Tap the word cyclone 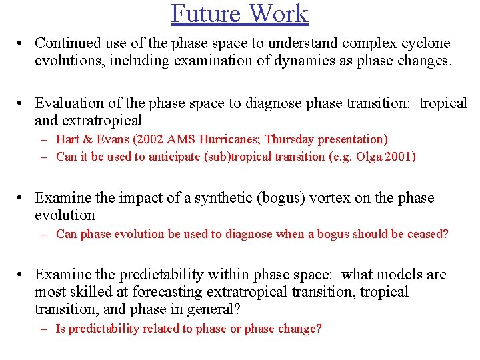point(425,43)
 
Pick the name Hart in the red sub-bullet point(69,139)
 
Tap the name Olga point(365,157)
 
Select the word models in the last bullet point(404,275)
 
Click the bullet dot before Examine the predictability point(22,275)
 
